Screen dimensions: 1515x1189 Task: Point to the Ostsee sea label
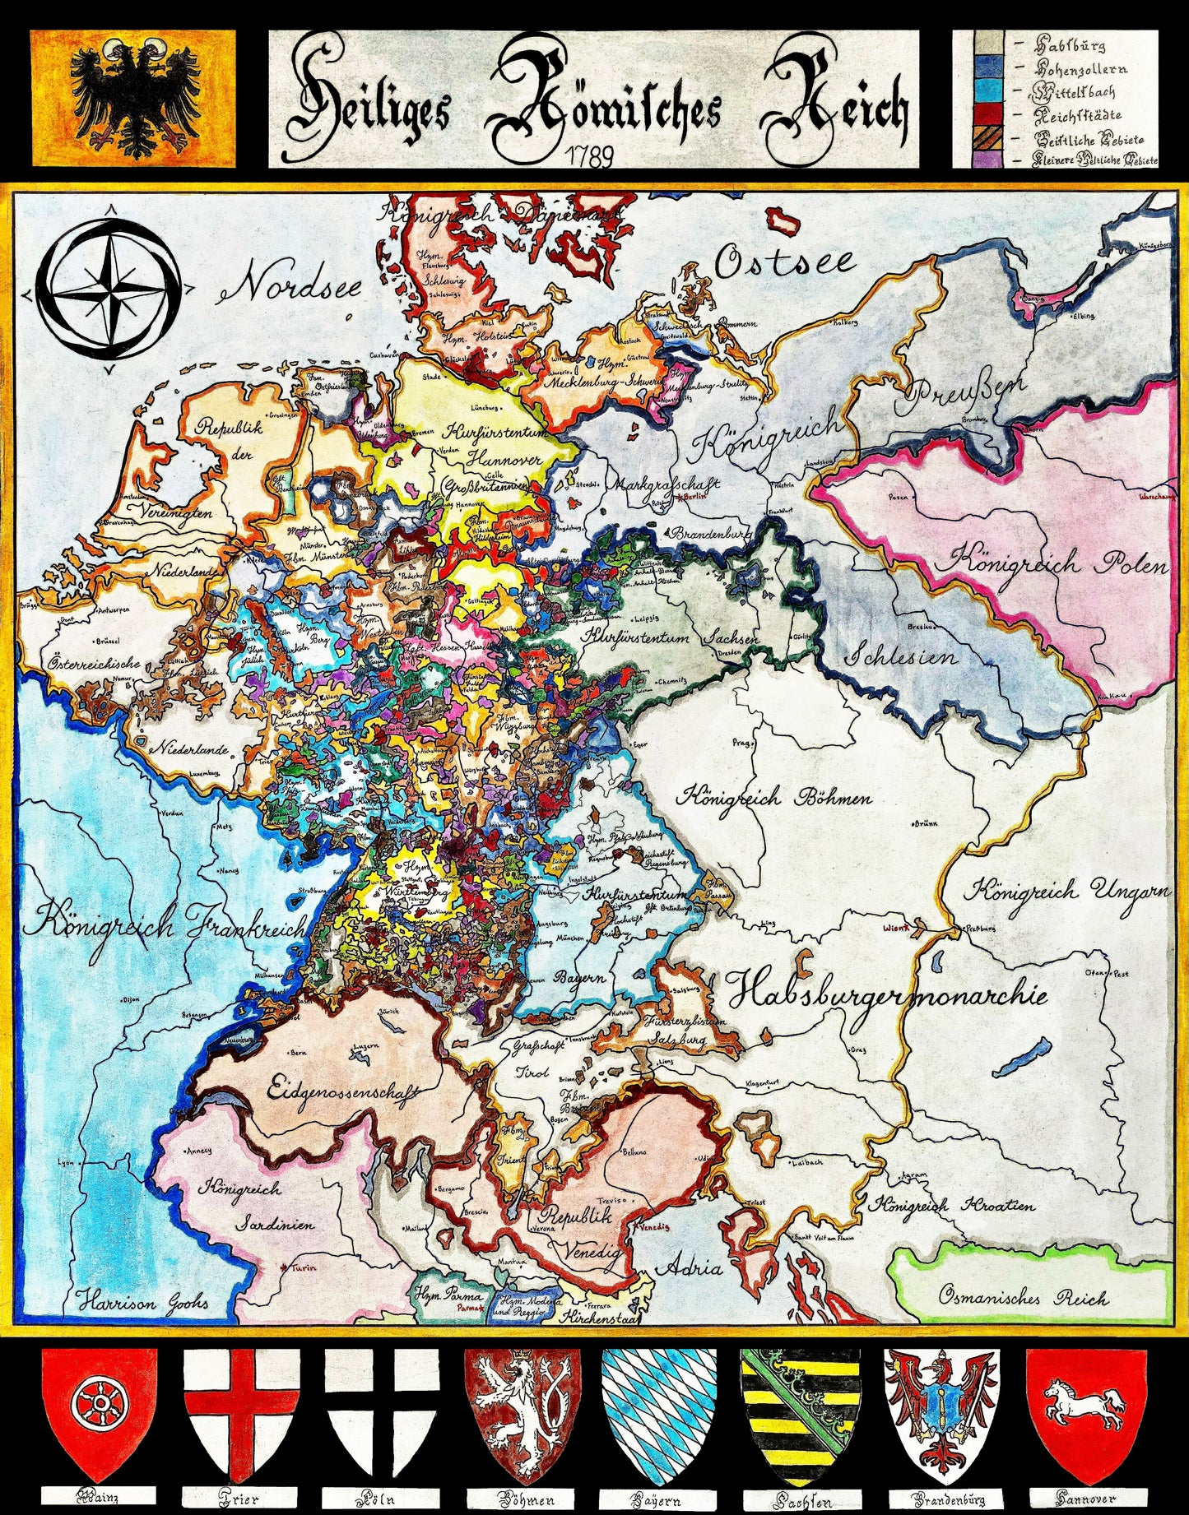pyautogui.click(x=783, y=262)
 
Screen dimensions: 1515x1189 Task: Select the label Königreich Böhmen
pyautogui.click(x=773, y=797)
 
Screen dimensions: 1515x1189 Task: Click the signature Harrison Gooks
pyautogui.click(x=144, y=1301)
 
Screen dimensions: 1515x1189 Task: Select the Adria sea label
pyautogui.click(x=694, y=1267)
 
